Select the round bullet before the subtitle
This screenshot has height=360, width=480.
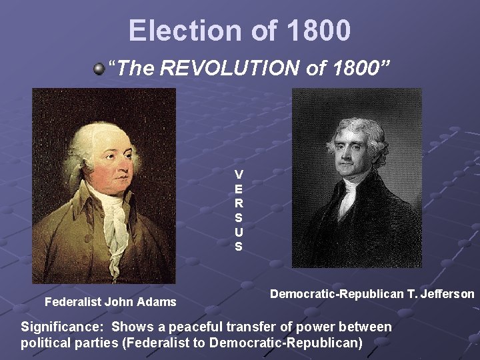99,68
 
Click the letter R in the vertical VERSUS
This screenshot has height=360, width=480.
239,203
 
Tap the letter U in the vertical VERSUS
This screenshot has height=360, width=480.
239,232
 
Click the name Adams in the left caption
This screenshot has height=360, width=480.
157,302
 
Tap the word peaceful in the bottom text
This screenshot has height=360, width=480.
193,327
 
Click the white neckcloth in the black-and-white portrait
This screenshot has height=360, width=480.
347,196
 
